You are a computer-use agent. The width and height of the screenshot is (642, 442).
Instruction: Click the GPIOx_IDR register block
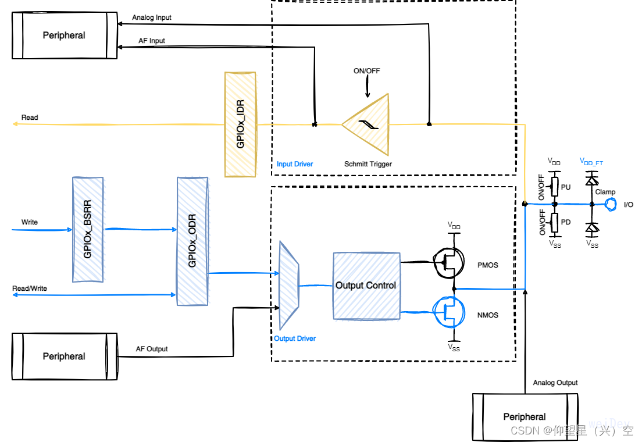240,124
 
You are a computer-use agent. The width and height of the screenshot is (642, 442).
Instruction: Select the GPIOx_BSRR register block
88,230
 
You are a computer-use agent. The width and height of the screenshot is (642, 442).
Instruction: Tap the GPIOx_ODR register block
192,241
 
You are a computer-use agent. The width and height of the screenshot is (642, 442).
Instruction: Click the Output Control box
366,286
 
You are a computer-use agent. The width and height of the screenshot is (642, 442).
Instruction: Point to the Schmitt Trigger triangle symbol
366,123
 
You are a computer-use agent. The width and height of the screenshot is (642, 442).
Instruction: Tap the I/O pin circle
611,204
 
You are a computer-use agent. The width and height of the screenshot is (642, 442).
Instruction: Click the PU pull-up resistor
555,187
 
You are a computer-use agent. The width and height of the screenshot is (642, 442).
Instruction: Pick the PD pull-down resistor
555,222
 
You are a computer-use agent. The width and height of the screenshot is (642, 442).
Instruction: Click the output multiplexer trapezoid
289,285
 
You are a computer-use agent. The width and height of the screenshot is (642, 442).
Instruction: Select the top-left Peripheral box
64,35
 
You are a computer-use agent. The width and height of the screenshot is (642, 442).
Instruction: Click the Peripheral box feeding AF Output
64,357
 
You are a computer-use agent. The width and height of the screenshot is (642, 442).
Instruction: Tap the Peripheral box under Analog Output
525,416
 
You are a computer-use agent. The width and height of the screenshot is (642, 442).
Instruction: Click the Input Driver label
295,164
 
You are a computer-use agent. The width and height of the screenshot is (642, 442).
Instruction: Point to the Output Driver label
295,338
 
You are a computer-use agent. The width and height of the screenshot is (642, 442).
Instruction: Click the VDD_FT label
591,161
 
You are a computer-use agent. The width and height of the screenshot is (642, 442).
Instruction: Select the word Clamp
605,192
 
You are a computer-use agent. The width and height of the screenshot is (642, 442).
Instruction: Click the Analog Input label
152,17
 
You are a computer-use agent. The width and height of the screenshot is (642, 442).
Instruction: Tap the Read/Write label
30,288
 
